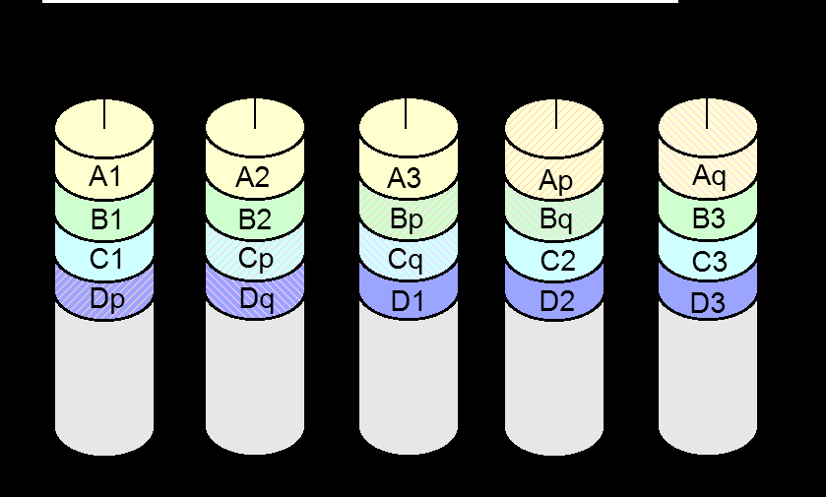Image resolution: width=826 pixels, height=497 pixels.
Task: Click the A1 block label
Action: coord(105,176)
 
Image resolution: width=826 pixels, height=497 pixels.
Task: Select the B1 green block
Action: coord(104,215)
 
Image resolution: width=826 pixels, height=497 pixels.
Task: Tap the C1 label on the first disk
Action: coord(106,259)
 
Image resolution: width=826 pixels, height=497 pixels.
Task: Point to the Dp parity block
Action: coord(104,296)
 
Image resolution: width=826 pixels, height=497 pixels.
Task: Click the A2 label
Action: coord(253,177)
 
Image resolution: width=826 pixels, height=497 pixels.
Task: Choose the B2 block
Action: coord(255,215)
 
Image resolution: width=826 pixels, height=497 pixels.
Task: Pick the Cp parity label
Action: coord(256,259)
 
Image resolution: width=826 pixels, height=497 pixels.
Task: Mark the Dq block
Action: coord(255,296)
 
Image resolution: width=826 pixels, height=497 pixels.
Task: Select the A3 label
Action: coord(404,178)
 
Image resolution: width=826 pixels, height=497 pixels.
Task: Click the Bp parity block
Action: coord(409,215)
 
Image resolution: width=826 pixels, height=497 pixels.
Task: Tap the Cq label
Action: coord(406,260)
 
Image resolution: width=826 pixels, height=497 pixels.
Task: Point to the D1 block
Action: coord(409,296)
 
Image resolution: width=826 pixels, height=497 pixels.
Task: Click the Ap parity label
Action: coord(556,182)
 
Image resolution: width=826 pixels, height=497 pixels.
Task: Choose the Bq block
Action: coord(554,215)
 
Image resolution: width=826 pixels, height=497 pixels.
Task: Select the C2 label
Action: coord(558,261)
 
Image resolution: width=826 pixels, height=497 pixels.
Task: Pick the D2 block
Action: coord(554,296)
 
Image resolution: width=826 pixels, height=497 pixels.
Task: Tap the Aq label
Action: coord(709,176)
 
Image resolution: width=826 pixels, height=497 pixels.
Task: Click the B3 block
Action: coord(708,215)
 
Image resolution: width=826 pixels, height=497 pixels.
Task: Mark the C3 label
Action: coord(710,261)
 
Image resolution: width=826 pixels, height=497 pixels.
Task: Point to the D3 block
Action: coord(708,296)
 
